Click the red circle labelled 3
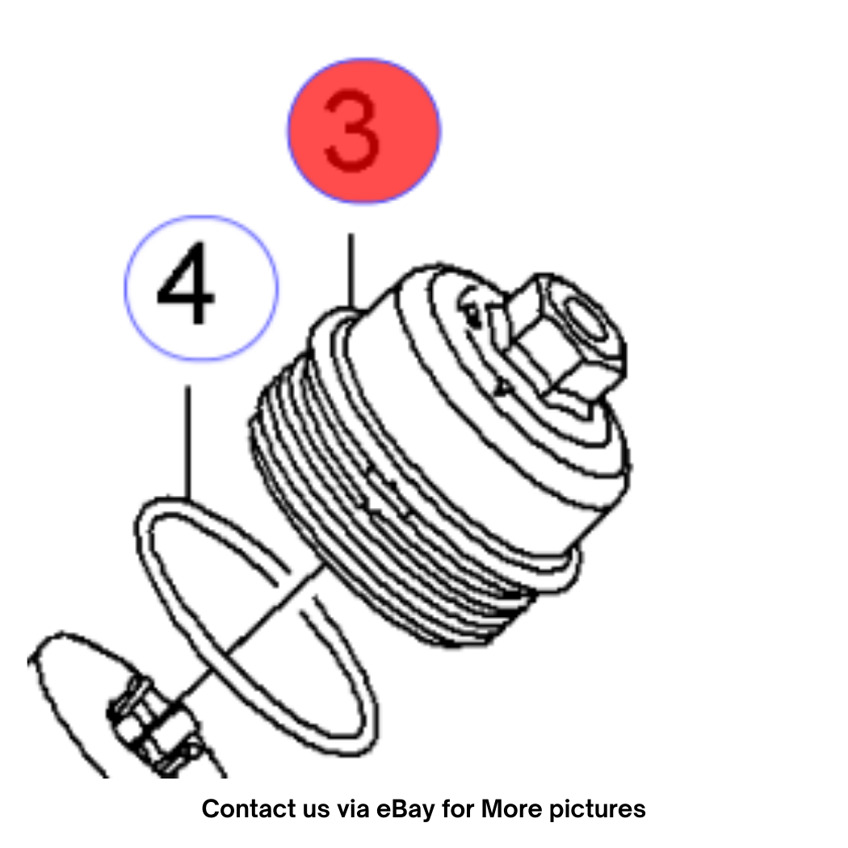click(364, 131)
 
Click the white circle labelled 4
click(201, 288)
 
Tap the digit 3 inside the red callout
click(351, 132)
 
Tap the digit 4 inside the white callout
click(186, 283)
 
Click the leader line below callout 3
click(351, 271)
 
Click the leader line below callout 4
click(187, 442)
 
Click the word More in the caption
click(511, 808)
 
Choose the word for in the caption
click(458, 808)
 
